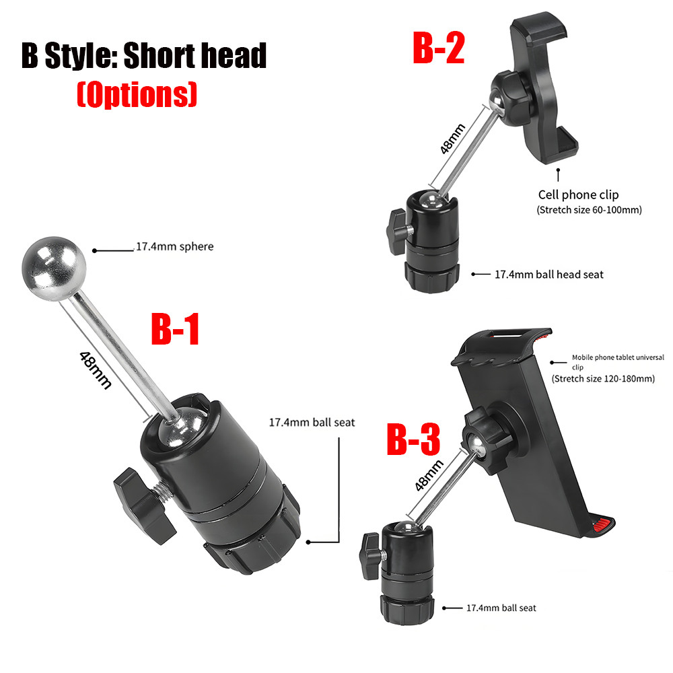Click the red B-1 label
click(175, 329)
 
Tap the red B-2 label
click(439, 48)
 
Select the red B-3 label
click(413, 439)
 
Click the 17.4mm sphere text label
click(175, 246)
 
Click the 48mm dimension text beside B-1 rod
click(96, 370)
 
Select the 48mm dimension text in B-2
click(452, 139)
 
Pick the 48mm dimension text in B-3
click(429, 475)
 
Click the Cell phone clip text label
click(578, 194)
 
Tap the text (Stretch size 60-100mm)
click(589, 210)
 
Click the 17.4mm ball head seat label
click(549, 275)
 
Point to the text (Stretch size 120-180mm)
click(603, 378)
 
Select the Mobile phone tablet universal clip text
click(618, 362)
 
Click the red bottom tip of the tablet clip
click(602, 524)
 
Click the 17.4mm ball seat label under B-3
click(501, 608)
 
